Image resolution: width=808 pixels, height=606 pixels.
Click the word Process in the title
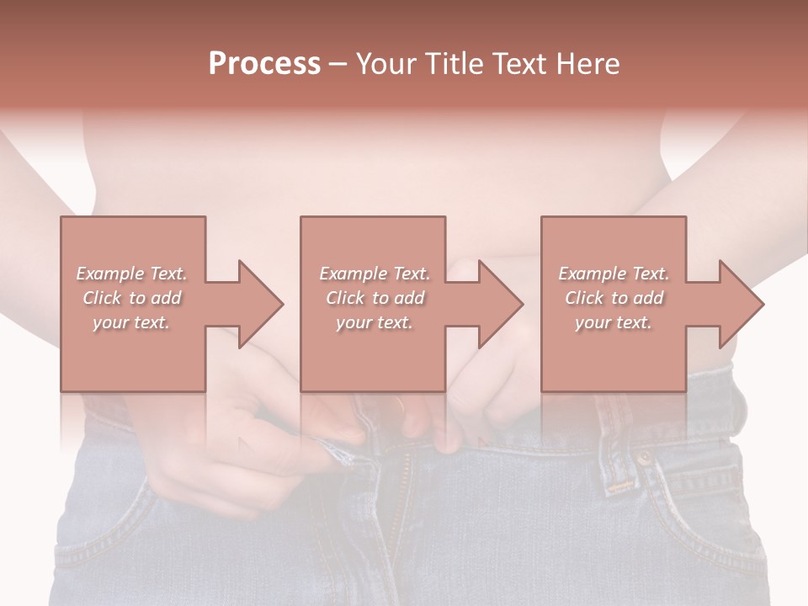click(x=264, y=64)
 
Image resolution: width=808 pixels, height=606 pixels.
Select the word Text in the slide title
click(x=519, y=64)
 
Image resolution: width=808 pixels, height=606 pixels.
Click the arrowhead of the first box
click(x=260, y=304)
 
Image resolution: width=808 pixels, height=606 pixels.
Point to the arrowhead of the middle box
click(x=500, y=304)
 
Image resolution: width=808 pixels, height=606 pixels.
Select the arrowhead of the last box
click(x=741, y=304)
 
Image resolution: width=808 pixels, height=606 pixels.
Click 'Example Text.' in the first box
click(x=131, y=274)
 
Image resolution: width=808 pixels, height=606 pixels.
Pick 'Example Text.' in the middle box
click(x=374, y=274)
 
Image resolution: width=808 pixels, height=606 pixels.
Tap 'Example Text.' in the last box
click(x=614, y=274)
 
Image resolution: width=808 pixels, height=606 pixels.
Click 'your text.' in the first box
click(x=131, y=322)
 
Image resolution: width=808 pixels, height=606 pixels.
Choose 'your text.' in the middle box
click(x=374, y=322)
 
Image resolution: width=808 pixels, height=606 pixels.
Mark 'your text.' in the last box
click(x=614, y=322)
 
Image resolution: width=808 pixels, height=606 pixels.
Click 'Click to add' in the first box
click(x=131, y=298)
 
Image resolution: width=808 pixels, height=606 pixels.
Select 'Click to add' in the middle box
click(x=374, y=298)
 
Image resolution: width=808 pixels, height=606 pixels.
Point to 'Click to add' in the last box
click(x=614, y=298)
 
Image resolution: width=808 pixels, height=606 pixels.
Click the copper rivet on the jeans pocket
click(x=645, y=459)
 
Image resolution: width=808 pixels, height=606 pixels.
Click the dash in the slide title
click(x=338, y=65)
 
